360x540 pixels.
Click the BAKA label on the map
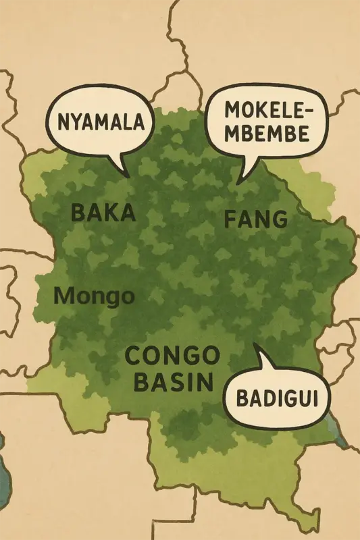pos(103,213)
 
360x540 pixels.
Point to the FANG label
pos(255,219)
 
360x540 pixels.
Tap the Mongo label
pos(93,296)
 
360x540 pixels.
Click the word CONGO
pos(173,356)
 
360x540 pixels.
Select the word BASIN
pos(173,383)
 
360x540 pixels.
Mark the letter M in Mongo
pos(61,295)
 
